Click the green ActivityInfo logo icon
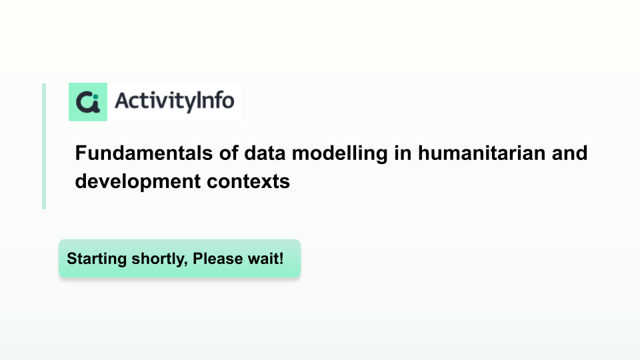click(88, 102)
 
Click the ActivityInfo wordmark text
click(174, 101)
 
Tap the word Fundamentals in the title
click(144, 153)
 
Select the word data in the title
click(265, 153)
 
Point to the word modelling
click(339, 154)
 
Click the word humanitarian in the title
click(481, 153)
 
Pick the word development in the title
click(137, 182)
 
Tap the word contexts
click(248, 182)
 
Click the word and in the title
click(570, 153)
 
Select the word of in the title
click(228, 153)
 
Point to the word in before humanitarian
click(403, 153)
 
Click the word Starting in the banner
click(97, 259)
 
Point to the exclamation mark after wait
click(281, 259)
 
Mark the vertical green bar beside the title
click(44, 146)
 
